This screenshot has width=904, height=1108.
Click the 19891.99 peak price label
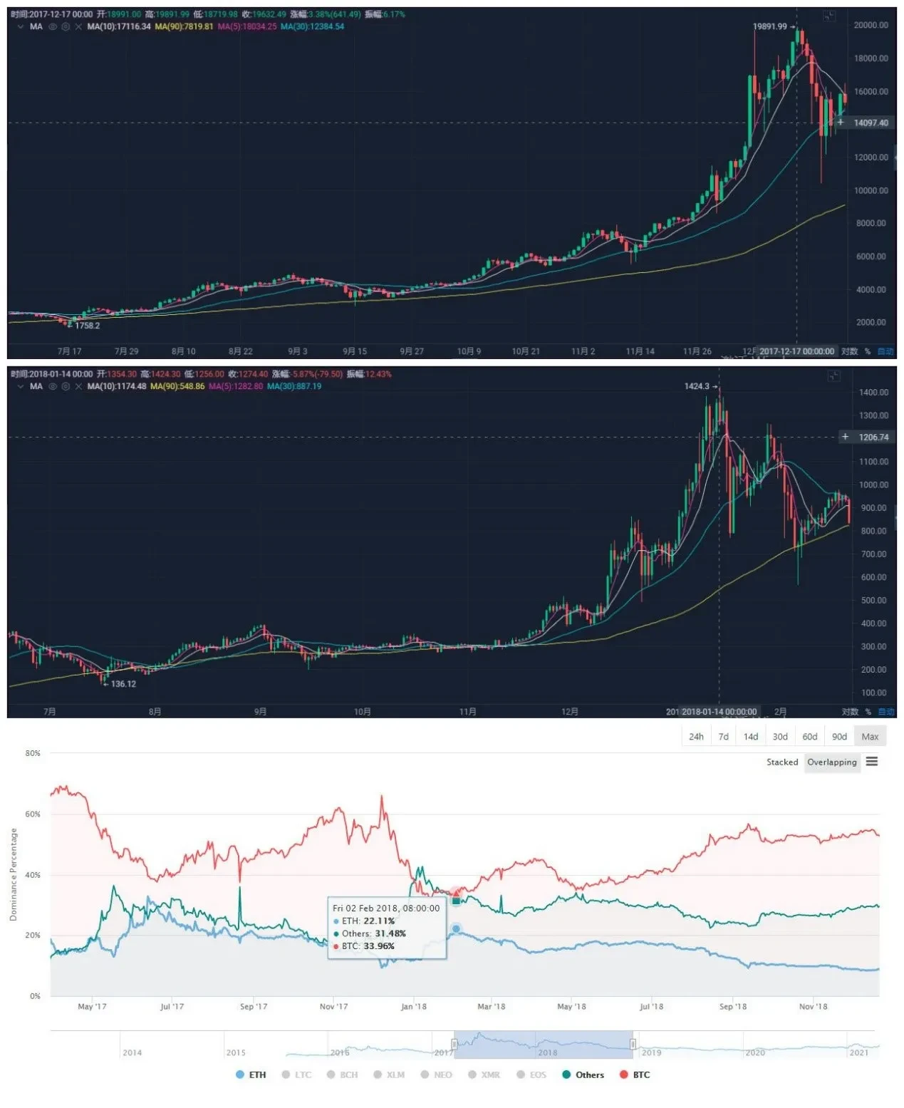(x=769, y=26)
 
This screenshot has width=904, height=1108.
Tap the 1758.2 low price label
(x=87, y=326)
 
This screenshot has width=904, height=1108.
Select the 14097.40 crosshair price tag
(x=871, y=123)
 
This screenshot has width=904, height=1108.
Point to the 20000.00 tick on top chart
(x=871, y=25)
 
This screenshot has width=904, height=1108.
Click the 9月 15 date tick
(x=355, y=351)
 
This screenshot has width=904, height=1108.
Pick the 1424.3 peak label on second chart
(x=697, y=386)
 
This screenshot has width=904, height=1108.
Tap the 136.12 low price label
(x=123, y=684)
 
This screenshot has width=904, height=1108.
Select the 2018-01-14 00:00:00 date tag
(x=719, y=711)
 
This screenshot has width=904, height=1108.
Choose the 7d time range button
(x=723, y=737)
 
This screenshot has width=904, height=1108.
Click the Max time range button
(x=870, y=737)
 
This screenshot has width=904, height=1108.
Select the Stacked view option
(x=781, y=762)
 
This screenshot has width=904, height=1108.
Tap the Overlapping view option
(x=831, y=762)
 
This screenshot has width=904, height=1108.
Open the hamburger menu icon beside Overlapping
(x=872, y=762)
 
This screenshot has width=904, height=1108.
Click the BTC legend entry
(x=635, y=1075)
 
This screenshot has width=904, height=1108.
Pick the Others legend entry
(x=583, y=1075)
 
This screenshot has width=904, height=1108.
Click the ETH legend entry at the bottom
(x=251, y=1075)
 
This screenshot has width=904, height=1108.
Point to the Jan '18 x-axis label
(x=413, y=1006)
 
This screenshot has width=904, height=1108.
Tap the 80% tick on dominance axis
(x=33, y=753)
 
